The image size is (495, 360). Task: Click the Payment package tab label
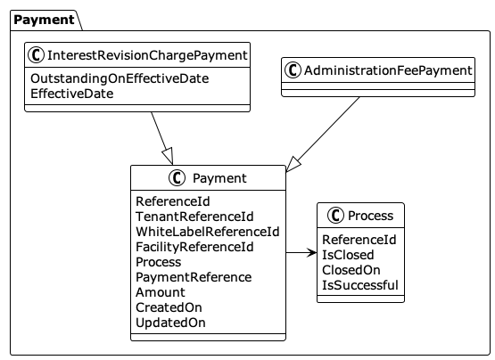(45, 20)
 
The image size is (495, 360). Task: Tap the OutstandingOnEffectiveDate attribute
(120, 78)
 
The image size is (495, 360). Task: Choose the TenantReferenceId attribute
(194, 217)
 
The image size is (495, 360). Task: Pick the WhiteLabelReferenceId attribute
(207, 232)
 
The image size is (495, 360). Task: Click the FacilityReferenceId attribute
(194, 247)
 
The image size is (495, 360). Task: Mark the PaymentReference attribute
(194, 277)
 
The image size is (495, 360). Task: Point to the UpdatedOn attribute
(170, 323)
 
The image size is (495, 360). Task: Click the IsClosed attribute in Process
(348, 255)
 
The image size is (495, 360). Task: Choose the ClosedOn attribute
(351, 270)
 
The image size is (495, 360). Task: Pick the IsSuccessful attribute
(359, 285)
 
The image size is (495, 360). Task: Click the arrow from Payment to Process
(301, 254)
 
